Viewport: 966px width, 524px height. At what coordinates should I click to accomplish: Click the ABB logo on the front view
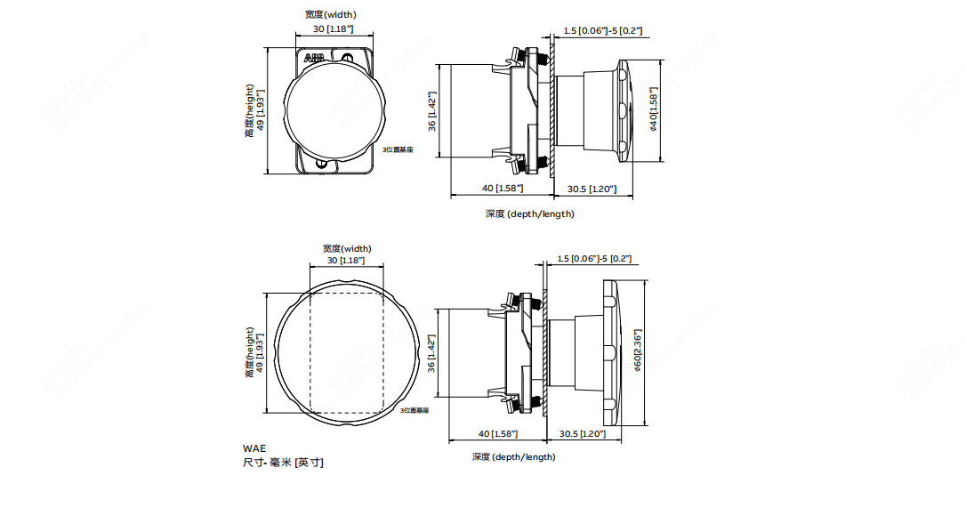[316, 58]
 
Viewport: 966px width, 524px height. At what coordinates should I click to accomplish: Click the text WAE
[254, 448]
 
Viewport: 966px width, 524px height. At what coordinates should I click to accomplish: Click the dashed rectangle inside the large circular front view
[345, 353]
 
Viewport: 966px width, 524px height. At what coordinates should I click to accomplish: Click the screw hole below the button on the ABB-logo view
[321, 164]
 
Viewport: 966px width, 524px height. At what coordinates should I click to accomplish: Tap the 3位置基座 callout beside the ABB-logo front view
[398, 150]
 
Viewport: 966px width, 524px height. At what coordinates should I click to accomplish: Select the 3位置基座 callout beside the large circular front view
[415, 411]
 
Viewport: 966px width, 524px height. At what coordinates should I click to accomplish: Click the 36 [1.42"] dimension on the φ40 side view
[432, 110]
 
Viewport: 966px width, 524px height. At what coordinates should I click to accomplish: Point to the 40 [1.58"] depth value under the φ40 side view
[502, 188]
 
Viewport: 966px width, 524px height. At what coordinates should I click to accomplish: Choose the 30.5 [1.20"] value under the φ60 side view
[583, 433]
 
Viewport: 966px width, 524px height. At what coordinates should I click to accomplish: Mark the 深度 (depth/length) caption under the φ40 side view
[530, 214]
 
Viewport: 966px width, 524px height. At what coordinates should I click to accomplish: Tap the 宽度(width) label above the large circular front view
[347, 248]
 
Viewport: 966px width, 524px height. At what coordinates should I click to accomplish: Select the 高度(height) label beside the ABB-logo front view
[250, 111]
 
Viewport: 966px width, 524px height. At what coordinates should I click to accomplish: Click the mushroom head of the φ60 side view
[615, 353]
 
